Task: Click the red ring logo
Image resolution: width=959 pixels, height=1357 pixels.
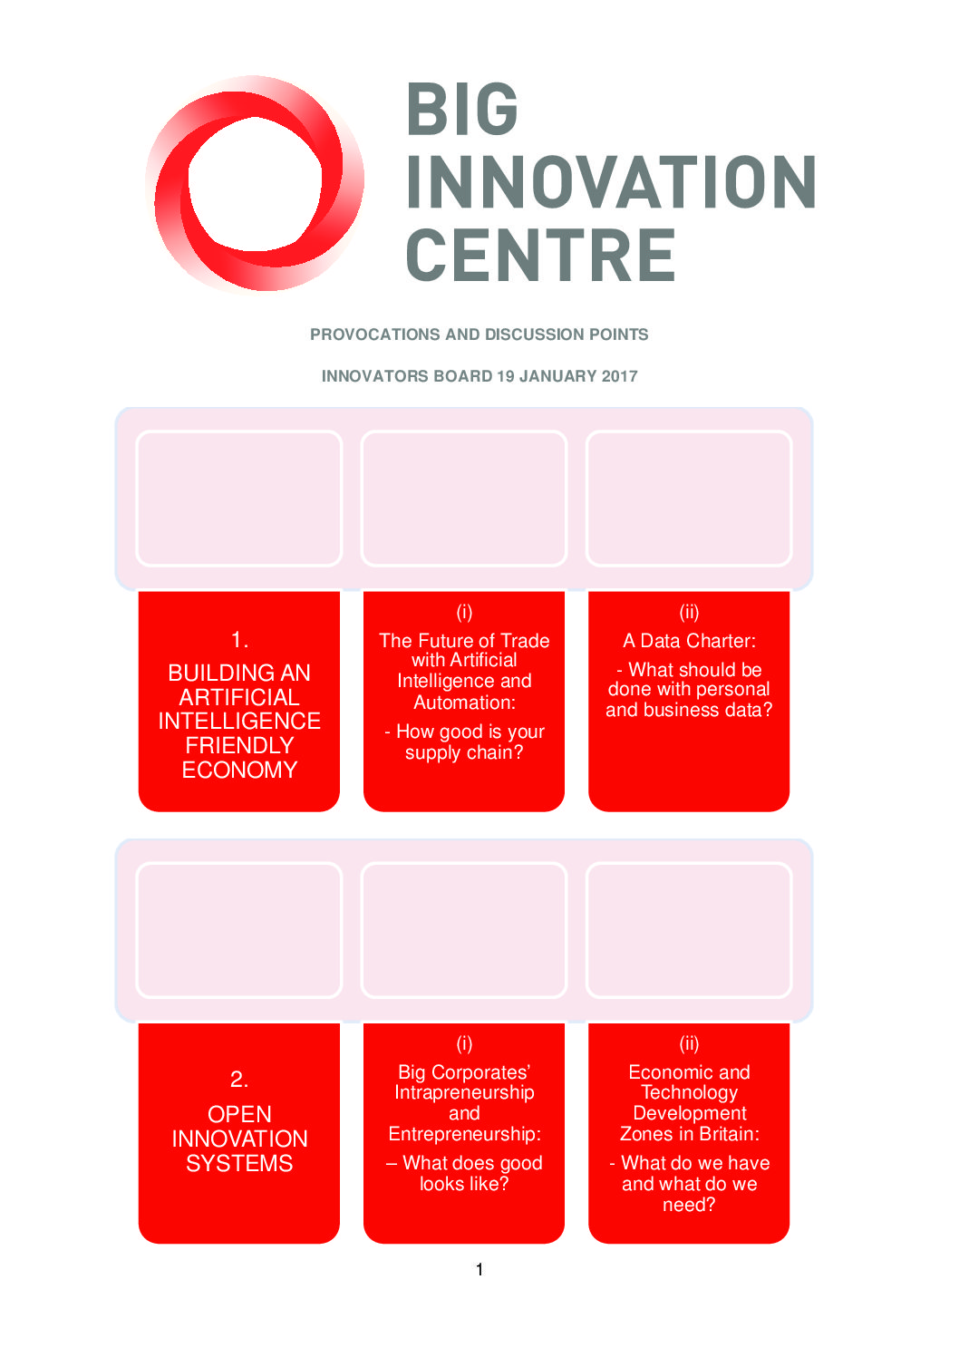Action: [254, 184]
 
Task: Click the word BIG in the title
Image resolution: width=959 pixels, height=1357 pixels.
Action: [462, 110]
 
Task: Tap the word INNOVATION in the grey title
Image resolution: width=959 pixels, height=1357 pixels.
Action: [611, 182]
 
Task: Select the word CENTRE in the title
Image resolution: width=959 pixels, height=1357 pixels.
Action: [540, 255]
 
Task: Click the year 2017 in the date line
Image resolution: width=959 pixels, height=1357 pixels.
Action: [619, 376]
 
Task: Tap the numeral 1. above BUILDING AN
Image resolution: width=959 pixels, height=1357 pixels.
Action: [239, 640]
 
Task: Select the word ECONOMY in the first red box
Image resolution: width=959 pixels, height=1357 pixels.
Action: [239, 770]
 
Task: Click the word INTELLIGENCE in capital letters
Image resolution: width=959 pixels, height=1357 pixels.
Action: [239, 722]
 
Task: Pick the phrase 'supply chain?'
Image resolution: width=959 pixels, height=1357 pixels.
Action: [464, 752]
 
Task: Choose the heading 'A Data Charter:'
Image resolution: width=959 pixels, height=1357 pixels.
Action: [689, 641]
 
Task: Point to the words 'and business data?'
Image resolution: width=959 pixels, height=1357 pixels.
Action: [689, 710]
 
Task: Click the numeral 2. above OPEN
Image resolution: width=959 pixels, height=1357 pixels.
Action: [239, 1079]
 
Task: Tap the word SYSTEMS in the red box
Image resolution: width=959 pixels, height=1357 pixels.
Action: [239, 1163]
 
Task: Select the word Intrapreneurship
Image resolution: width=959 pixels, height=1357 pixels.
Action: [464, 1092]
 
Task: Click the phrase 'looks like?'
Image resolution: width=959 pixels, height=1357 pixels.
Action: [464, 1184]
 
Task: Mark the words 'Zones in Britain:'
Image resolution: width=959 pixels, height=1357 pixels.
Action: [689, 1134]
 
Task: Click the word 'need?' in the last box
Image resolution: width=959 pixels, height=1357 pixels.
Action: [689, 1205]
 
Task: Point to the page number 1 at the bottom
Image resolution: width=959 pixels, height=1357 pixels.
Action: [479, 1269]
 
